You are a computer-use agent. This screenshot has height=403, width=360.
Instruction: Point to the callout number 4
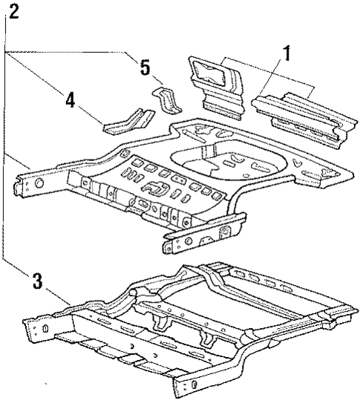(x=70, y=99)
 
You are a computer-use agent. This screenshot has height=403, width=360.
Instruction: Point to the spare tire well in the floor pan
(x=215, y=160)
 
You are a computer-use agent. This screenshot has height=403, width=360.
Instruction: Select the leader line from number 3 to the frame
(x=56, y=295)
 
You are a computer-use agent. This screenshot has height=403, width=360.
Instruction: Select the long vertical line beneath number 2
(x=4, y=148)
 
